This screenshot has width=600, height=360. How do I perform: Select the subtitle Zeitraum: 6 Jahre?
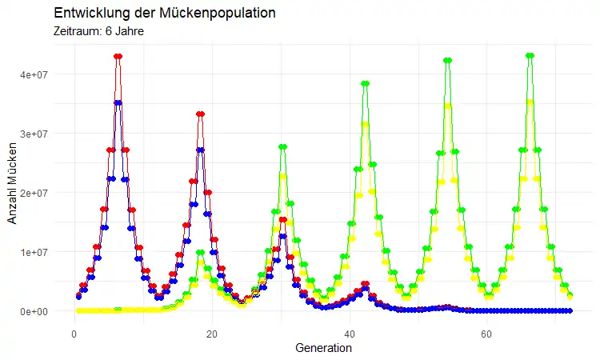point(98,32)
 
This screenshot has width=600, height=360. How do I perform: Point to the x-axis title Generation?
point(323,349)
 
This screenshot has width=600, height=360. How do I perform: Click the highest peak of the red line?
point(118,56)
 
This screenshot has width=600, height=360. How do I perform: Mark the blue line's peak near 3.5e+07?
point(118,102)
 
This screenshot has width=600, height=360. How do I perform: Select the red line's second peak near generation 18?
point(200,114)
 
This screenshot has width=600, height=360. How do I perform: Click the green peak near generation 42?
point(365,83)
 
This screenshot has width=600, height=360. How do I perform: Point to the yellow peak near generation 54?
point(448,106)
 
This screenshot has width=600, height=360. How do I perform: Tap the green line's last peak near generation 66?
point(530,55)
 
